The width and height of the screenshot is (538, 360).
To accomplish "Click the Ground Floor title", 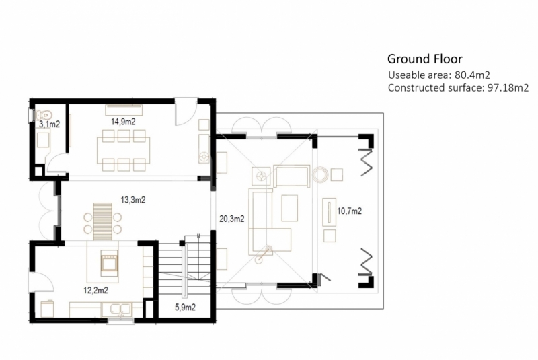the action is pyautogui.click(x=425, y=59).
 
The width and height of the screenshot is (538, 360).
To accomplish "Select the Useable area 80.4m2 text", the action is pyautogui.click(x=439, y=75).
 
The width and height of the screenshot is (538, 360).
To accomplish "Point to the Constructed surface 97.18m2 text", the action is pyautogui.click(x=458, y=88).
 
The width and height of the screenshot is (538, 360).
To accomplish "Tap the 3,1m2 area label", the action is pyautogui.click(x=49, y=124).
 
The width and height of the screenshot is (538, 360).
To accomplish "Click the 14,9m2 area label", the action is pyautogui.click(x=123, y=122).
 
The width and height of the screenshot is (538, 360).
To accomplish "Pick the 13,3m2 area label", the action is pyautogui.click(x=132, y=200).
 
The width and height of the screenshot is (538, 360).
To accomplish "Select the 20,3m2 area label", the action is pyautogui.click(x=231, y=219).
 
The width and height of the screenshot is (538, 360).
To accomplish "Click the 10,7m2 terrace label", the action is pyautogui.click(x=349, y=211).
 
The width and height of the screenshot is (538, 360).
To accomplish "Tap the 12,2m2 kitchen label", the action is pyautogui.click(x=95, y=290).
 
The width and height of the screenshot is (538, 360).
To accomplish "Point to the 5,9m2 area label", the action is pyautogui.click(x=186, y=307).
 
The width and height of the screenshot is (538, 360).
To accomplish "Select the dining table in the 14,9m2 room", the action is pyautogui.click(x=123, y=150).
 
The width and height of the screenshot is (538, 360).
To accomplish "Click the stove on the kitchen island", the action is pyautogui.click(x=109, y=263).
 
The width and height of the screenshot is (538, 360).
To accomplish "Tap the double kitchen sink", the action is pyautogui.click(x=116, y=310).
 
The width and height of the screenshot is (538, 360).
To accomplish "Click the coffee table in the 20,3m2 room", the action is pyautogui.click(x=290, y=208).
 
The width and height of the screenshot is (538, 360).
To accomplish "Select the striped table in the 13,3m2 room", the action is pyautogui.click(x=103, y=221).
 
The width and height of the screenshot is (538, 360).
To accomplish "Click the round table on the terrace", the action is pyautogui.click(x=320, y=175).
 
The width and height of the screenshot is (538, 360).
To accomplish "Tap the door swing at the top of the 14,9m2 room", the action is pyautogui.click(x=186, y=112).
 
